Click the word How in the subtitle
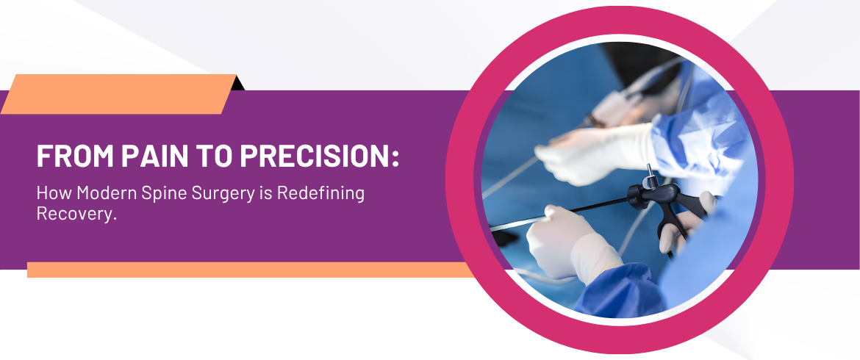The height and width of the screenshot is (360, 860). point(54,193)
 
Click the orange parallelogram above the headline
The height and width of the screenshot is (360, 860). point(118,94)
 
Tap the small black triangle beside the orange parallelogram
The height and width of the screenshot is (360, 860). point(238,83)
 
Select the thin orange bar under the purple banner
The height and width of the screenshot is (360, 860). point(250,270)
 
